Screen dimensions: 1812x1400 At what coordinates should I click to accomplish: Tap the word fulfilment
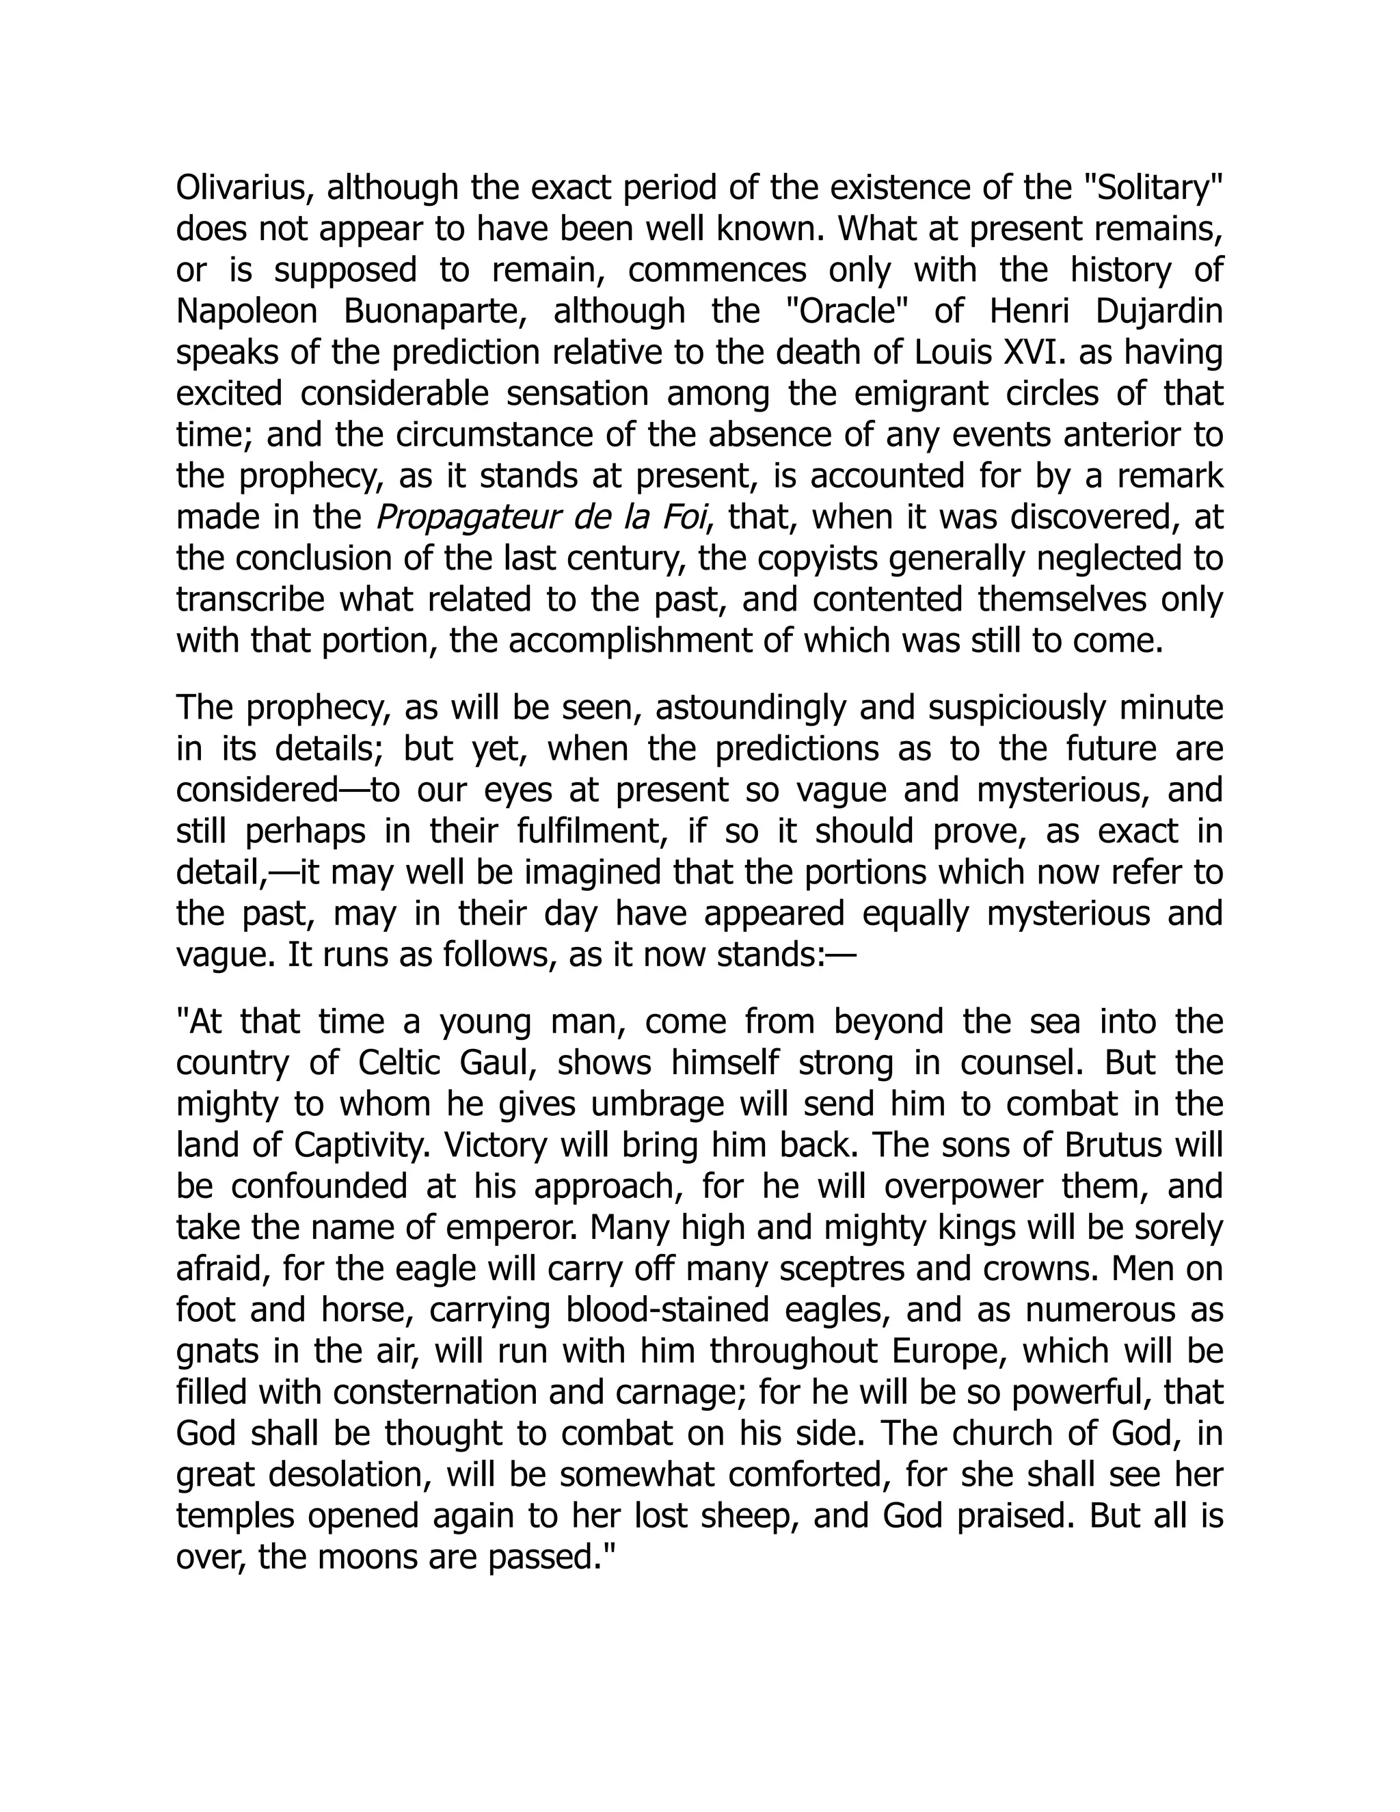point(610,831)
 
